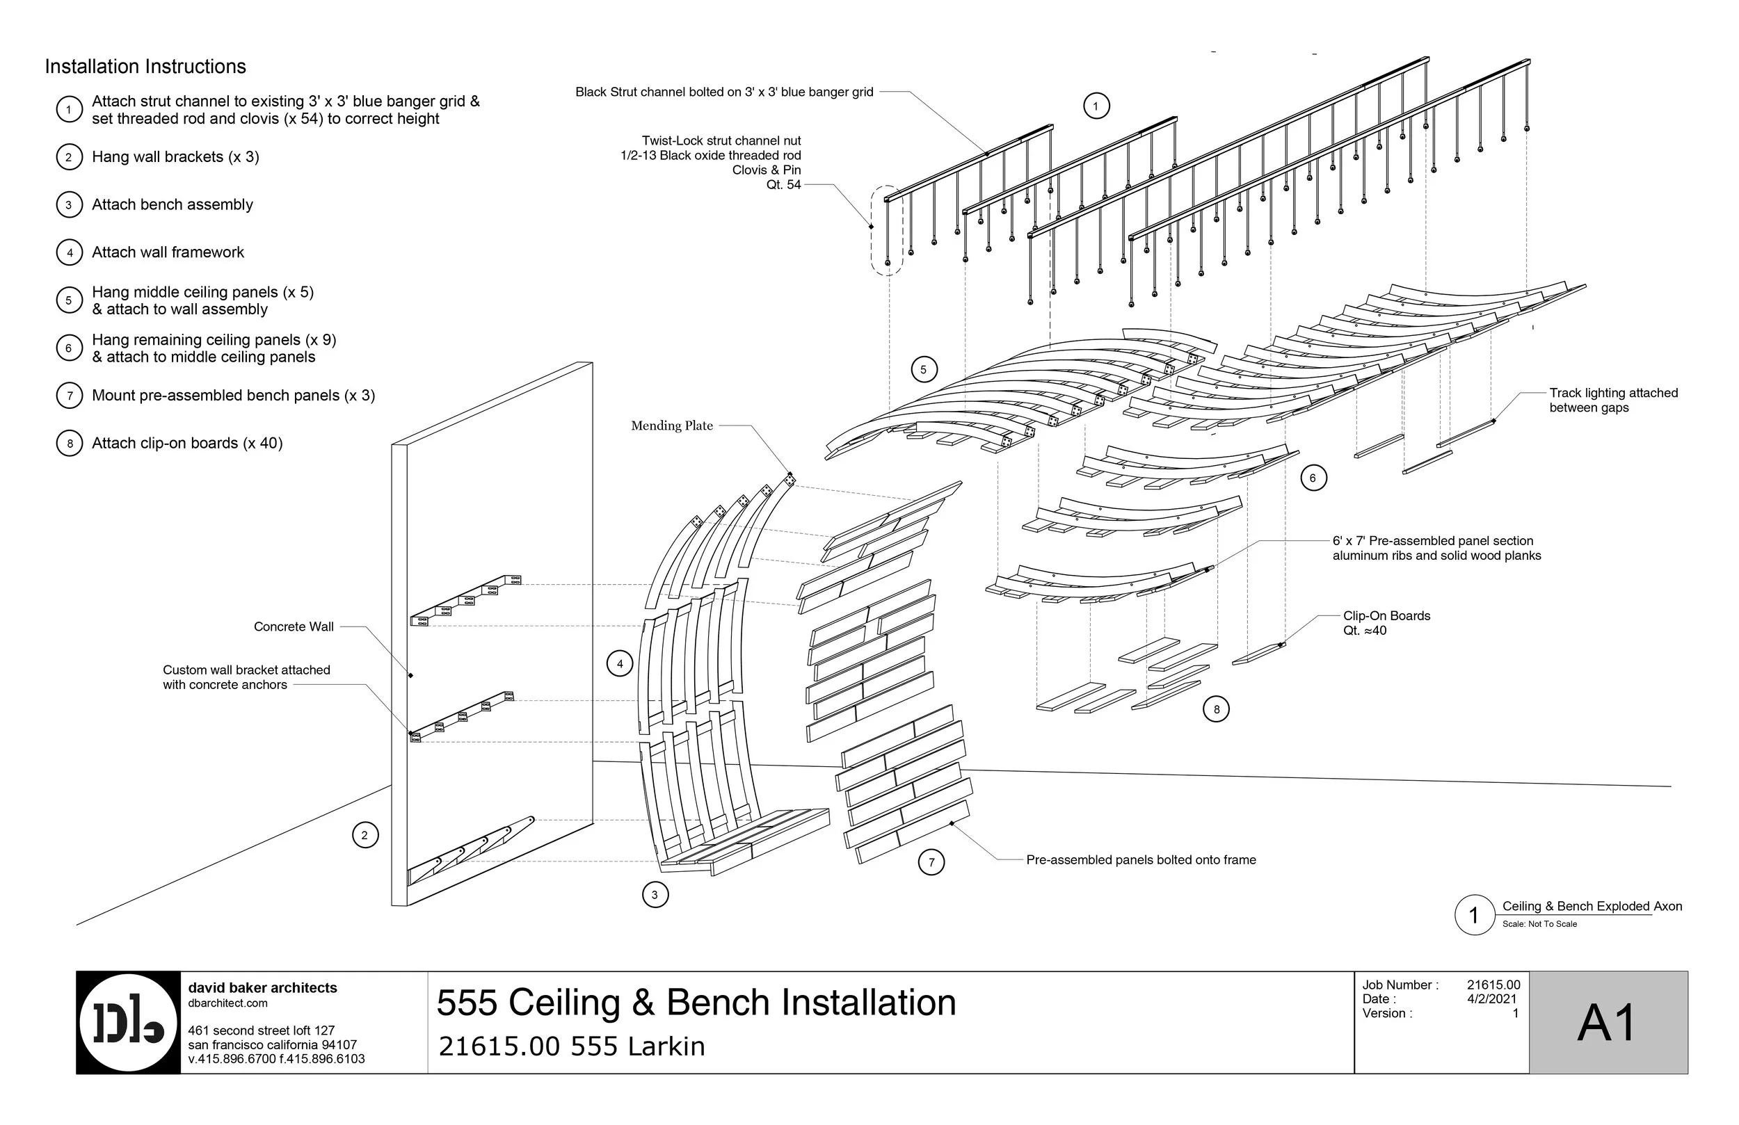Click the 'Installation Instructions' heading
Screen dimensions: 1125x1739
click(145, 67)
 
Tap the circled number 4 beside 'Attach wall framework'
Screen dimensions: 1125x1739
click(70, 253)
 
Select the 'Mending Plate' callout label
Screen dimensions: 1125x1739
click(671, 426)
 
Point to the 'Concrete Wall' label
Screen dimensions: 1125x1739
click(293, 626)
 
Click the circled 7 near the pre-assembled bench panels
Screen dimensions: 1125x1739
click(931, 862)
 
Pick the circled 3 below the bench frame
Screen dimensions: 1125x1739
click(655, 894)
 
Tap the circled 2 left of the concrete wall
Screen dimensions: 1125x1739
click(364, 835)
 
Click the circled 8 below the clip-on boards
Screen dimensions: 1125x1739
click(1216, 709)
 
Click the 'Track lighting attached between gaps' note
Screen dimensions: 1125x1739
click(1612, 400)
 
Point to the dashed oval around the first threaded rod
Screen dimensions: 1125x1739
click(888, 230)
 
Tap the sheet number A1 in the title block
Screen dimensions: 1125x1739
click(1607, 1023)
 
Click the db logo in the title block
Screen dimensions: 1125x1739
click(129, 1023)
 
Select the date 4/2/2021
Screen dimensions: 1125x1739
click(1491, 999)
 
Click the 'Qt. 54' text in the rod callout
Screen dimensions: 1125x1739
click(783, 185)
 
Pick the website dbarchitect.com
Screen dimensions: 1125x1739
click(227, 1003)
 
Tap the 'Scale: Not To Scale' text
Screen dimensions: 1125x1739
click(1539, 924)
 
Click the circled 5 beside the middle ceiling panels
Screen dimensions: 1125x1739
click(923, 370)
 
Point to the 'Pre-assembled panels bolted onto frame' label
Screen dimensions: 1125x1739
click(1141, 861)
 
